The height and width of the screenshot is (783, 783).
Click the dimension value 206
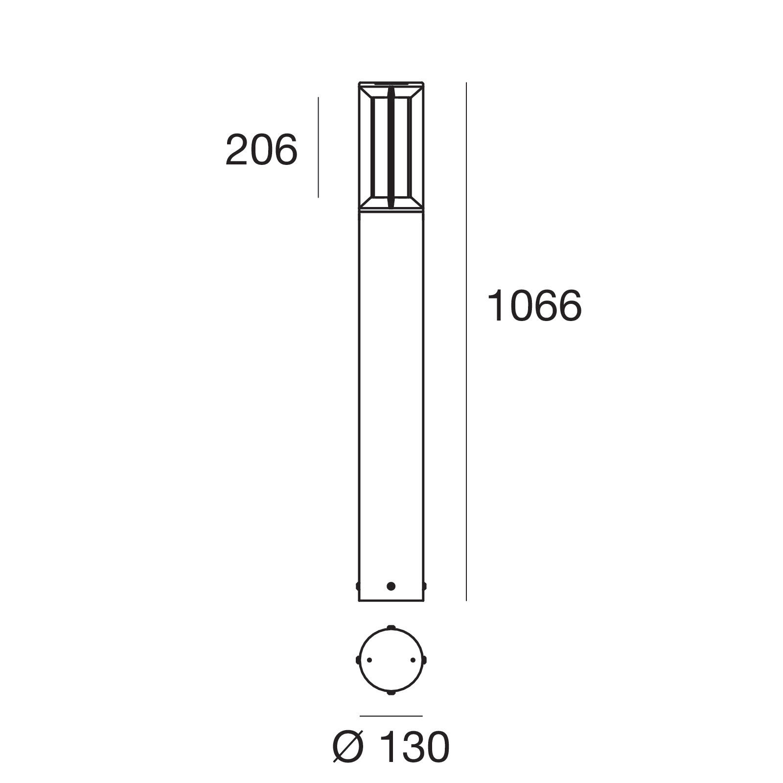pos(261,150)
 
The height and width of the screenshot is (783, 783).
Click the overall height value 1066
pos(534,306)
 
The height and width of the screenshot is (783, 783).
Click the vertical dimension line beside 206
pos(318,147)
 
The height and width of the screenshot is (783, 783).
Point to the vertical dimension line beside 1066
pos(466,342)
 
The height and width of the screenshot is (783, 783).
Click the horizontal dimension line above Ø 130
pos(391,716)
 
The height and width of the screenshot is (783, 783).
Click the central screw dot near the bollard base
pos(391,586)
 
